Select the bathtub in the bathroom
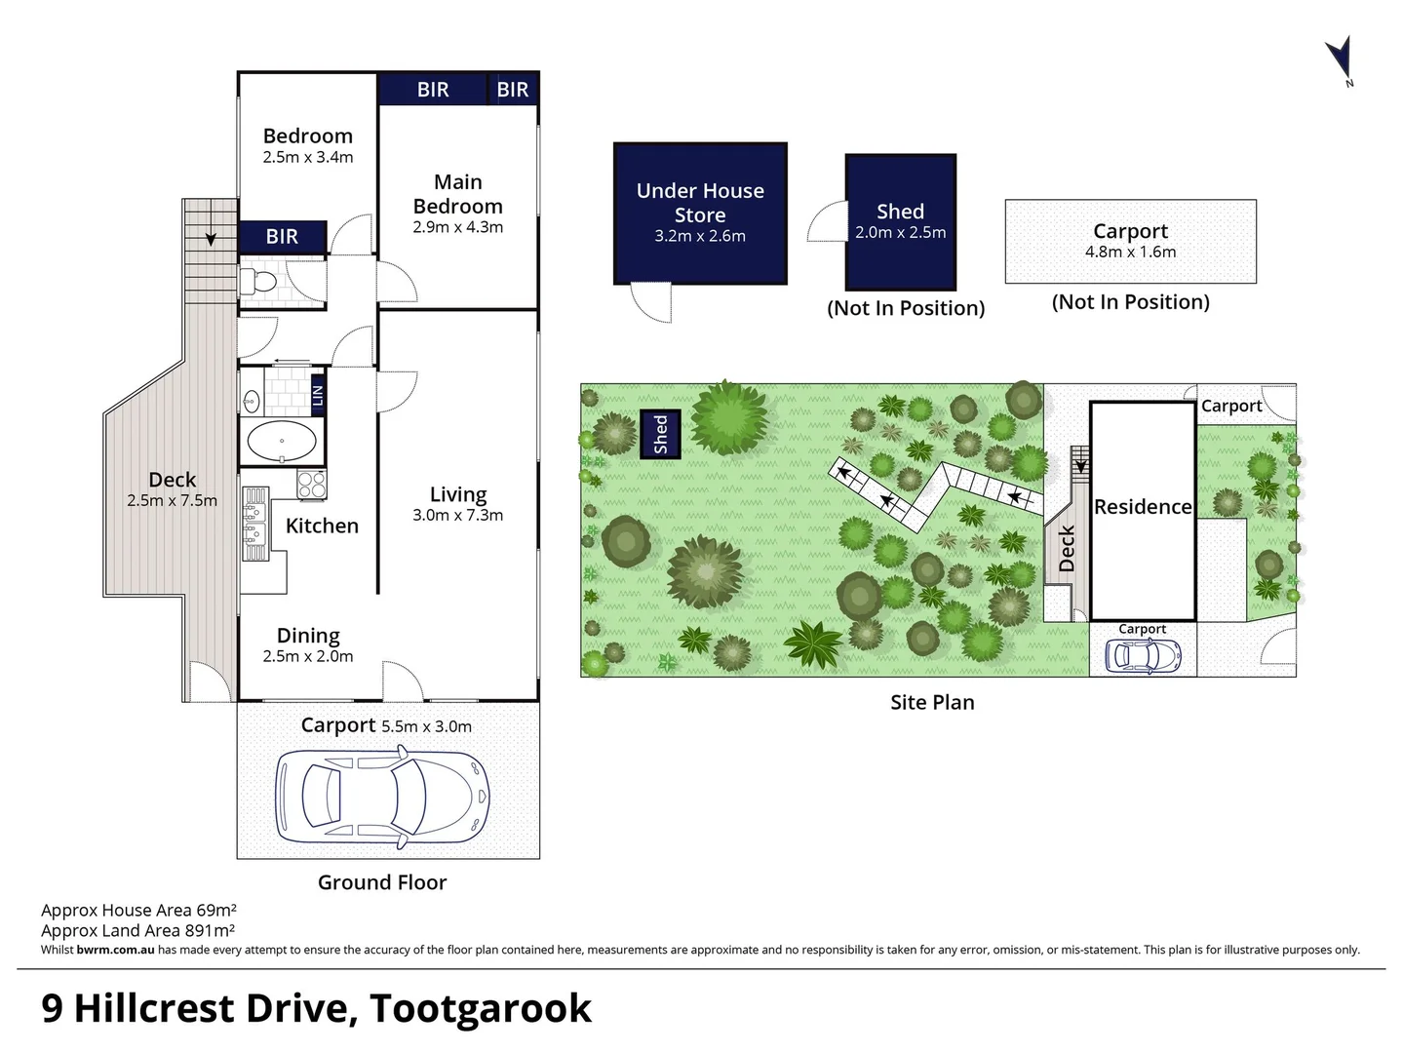[282, 442]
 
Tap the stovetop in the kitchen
[311, 485]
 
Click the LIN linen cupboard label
[317, 395]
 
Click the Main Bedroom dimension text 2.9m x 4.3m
[457, 227]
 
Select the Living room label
[457, 494]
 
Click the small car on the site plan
[1142, 656]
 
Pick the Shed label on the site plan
[660, 434]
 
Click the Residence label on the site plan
[1143, 507]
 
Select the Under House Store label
[700, 203]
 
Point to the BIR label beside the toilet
[282, 236]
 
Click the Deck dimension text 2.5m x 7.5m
[172, 500]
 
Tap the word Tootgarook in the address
[481, 1008]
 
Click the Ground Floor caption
[382, 882]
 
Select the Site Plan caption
[932, 702]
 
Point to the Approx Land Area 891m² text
[137, 930]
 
